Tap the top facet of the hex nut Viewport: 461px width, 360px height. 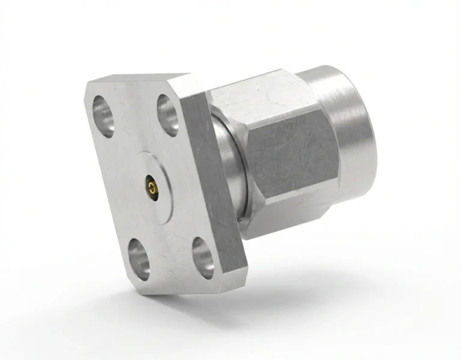point(252,90)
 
